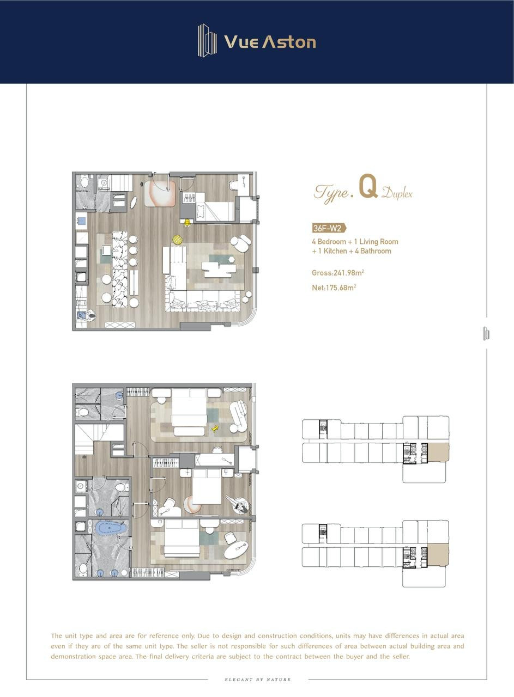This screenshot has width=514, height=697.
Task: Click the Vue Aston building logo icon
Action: click(207, 41)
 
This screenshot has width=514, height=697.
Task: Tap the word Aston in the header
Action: click(289, 41)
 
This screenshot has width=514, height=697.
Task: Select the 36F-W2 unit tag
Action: click(329, 228)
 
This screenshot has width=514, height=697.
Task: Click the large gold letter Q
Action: click(368, 186)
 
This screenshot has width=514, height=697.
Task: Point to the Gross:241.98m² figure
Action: click(338, 273)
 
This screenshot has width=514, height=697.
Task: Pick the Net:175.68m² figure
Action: click(334, 288)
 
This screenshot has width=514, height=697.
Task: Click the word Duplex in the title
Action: click(397, 193)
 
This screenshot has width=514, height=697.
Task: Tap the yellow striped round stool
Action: click(178, 240)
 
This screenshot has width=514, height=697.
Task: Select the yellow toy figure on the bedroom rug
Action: click(215, 429)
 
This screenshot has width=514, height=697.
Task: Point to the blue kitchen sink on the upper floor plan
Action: click(81, 221)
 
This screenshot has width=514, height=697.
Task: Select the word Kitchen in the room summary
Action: click(335, 251)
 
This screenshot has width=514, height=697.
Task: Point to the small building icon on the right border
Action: click(486, 334)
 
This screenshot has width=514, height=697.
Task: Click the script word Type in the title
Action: click(331, 193)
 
